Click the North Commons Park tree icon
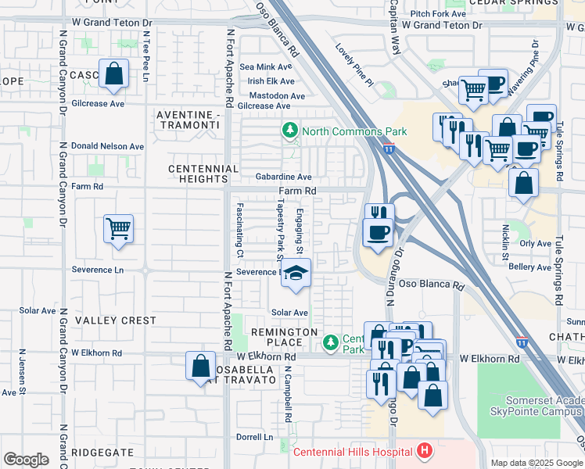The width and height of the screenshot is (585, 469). pyautogui.click(x=290, y=131)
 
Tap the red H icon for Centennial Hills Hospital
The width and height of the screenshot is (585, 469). pyautogui.click(x=424, y=451)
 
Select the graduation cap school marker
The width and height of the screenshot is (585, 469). pyautogui.click(x=296, y=274)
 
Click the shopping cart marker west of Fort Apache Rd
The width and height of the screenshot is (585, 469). pyautogui.click(x=118, y=229)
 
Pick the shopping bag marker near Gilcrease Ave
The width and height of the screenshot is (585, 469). pyautogui.click(x=114, y=74)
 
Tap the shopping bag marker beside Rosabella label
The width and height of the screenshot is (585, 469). pyautogui.click(x=200, y=365)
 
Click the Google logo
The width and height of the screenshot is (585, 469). pyautogui.click(x=26, y=460)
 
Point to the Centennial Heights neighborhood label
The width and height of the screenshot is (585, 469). pyautogui.click(x=204, y=174)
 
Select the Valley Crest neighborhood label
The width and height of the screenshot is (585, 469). pyautogui.click(x=116, y=320)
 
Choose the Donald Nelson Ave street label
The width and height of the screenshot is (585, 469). pyautogui.click(x=107, y=146)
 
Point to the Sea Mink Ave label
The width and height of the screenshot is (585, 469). pyautogui.click(x=267, y=68)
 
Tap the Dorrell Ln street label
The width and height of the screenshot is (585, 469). pyautogui.click(x=255, y=437)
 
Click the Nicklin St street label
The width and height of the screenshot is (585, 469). pyautogui.click(x=506, y=244)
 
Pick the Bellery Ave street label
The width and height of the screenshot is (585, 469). pyautogui.click(x=530, y=267)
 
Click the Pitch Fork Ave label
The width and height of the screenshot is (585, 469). pyautogui.click(x=436, y=13)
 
